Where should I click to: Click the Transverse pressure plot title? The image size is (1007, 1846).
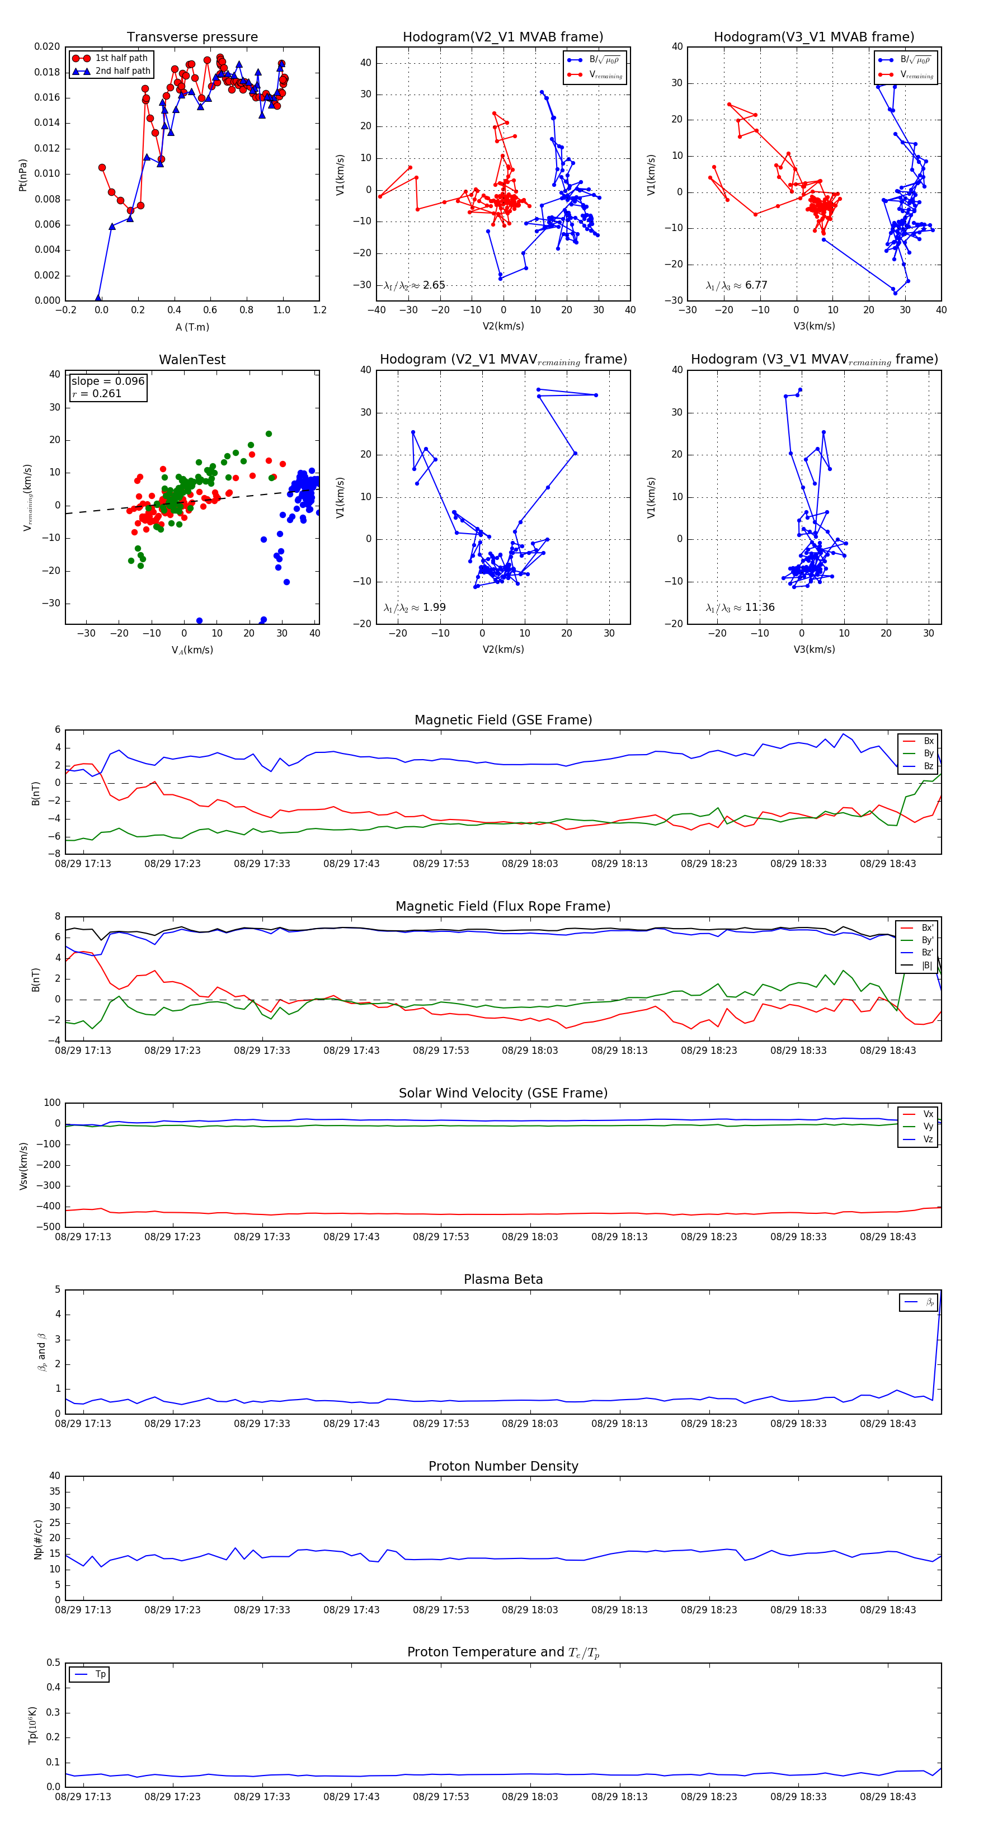click(192, 37)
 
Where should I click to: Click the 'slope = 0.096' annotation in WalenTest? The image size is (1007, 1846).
click(107, 382)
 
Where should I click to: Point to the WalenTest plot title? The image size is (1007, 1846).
click(192, 360)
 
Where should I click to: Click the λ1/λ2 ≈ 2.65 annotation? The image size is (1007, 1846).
click(414, 285)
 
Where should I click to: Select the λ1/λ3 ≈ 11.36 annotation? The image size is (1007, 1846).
click(740, 608)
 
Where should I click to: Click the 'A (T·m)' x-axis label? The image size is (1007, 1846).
click(192, 327)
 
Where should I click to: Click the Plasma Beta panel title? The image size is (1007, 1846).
click(503, 1280)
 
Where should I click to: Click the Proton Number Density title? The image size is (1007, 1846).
click(503, 1466)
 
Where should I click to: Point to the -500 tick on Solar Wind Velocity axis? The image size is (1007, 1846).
click(49, 1227)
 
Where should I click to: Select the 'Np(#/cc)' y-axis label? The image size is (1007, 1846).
click(38, 1539)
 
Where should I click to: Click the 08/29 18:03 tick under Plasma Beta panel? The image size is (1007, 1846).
click(530, 1424)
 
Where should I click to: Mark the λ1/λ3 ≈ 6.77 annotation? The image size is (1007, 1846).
click(736, 285)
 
